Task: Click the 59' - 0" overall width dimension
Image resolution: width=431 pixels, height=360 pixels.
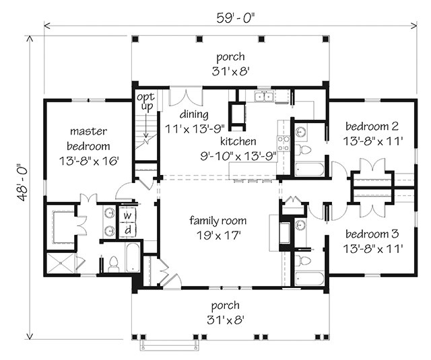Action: (x=236, y=18)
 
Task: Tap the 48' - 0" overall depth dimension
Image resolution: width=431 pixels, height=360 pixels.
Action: (x=22, y=182)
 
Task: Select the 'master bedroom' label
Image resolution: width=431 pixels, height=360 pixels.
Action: (x=88, y=139)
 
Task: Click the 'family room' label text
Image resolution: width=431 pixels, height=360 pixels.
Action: (x=218, y=221)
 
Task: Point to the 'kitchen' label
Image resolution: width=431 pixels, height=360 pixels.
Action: (x=238, y=141)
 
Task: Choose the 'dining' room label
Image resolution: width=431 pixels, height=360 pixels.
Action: (x=194, y=114)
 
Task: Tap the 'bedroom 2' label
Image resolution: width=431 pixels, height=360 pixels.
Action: (x=372, y=127)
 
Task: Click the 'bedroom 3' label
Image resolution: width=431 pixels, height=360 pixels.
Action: (x=372, y=234)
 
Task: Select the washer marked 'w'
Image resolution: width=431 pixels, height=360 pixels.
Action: (x=127, y=215)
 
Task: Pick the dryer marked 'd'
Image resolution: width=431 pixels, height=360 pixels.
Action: (x=127, y=230)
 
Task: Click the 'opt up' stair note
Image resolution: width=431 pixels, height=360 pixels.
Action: (x=146, y=102)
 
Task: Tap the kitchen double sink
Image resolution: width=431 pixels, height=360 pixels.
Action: (x=263, y=97)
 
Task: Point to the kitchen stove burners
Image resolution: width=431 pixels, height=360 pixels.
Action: (x=284, y=143)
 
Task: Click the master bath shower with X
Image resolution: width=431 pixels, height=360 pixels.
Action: (x=61, y=263)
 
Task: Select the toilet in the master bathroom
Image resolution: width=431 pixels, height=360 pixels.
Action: (x=113, y=264)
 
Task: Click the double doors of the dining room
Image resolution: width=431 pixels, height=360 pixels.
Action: (x=186, y=97)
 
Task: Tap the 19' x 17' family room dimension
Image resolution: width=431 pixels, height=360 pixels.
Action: (x=218, y=236)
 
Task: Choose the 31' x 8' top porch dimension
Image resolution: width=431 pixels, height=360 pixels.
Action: (x=230, y=72)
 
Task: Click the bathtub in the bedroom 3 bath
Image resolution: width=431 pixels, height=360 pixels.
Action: (x=310, y=279)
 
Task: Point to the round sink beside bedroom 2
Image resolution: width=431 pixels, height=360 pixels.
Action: (x=302, y=132)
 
